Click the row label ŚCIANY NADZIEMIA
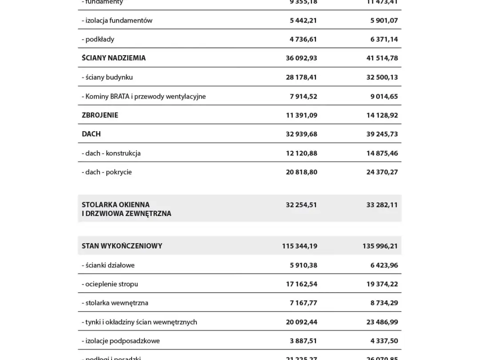tap(114, 58)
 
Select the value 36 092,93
tap(301, 58)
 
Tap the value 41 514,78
tap(382, 58)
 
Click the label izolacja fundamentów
tap(117, 20)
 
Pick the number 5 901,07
tap(384, 20)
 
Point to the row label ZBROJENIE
tap(100, 115)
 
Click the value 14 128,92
tap(382, 115)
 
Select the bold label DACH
tap(91, 134)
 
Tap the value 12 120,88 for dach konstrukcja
tap(301, 153)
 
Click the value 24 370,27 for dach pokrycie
tap(382, 172)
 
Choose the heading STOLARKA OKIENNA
tap(116, 204)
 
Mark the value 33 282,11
tap(382, 205)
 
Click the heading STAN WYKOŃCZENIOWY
tap(122, 246)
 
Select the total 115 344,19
tap(300, 246)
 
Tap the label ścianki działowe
tap(108, 265)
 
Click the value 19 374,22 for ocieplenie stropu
tap(382, 284)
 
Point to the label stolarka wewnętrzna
tap(115, 303)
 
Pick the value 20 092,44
tap(301, 322)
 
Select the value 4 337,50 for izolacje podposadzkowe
tap(384, 341)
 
